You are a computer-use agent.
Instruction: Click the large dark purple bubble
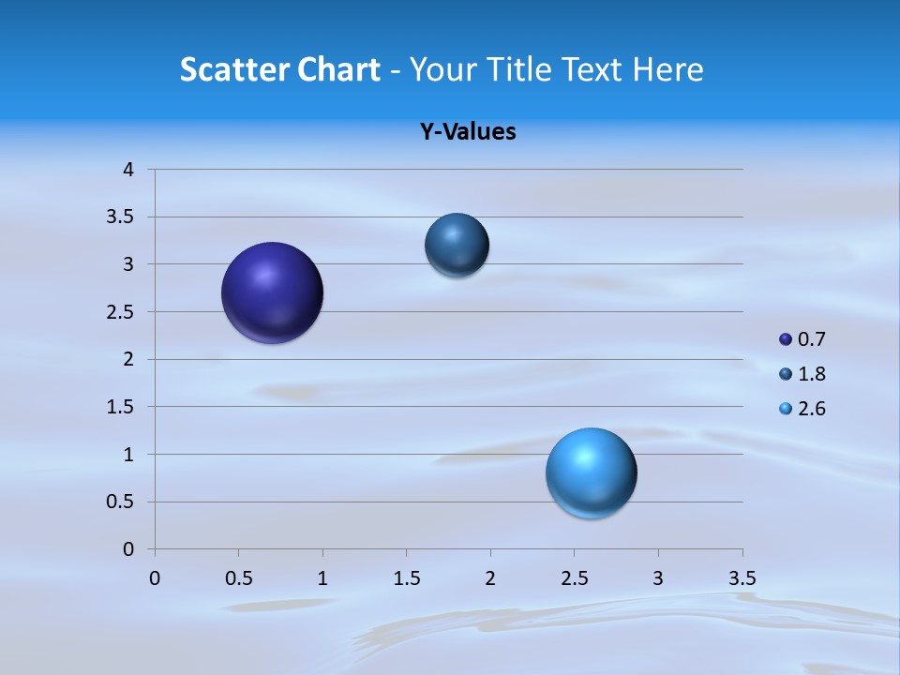[x=273, y=292]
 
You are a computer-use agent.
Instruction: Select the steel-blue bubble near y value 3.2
[x=457, y=245]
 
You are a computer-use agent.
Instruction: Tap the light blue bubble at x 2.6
[x=591, y=472]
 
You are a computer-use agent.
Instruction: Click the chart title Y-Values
[x=468, y=132]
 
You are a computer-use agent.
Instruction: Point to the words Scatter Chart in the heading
[x=280, y=69]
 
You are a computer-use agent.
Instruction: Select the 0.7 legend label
[x=812, y=339]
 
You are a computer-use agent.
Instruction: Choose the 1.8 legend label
[x=812, y=374]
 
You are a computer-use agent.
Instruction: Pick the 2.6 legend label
[x=812, y=409]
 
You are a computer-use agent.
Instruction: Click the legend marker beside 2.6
[x=786, y=409]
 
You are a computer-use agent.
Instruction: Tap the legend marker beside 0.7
[x=786, y=339]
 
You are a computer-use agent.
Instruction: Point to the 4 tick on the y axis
[x=129, y=170]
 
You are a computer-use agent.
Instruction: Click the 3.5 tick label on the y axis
[x=122, y=217]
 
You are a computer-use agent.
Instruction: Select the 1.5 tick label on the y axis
[x=122, y=407]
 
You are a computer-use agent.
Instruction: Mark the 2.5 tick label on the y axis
[x=122, y=312]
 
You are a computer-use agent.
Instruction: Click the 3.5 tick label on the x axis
[x=742, y=578]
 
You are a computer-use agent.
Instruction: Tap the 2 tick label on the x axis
[x=490, y=578]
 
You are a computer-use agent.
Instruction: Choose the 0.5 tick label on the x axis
[x=238, y=578]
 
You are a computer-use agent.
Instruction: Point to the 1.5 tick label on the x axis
[x=406, y=578]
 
